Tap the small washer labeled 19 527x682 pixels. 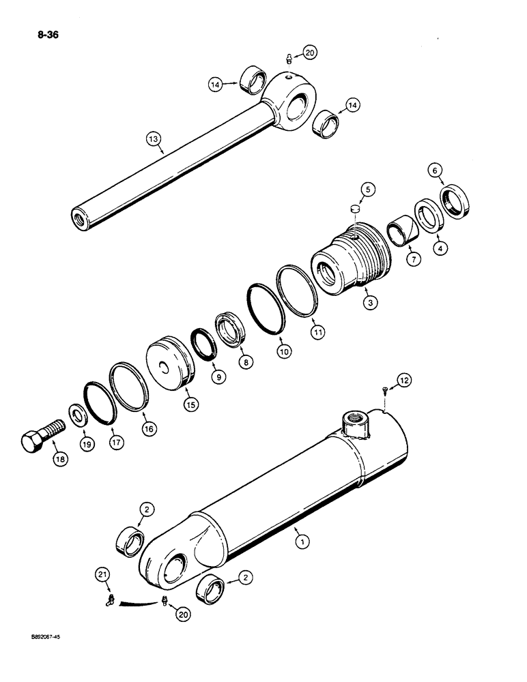pyautogui.click(x=78, y=417)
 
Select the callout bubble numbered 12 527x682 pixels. pyautogui.click(x=404, y=381)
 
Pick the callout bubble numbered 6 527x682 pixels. pyautogui.click(x=433, y=170)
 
